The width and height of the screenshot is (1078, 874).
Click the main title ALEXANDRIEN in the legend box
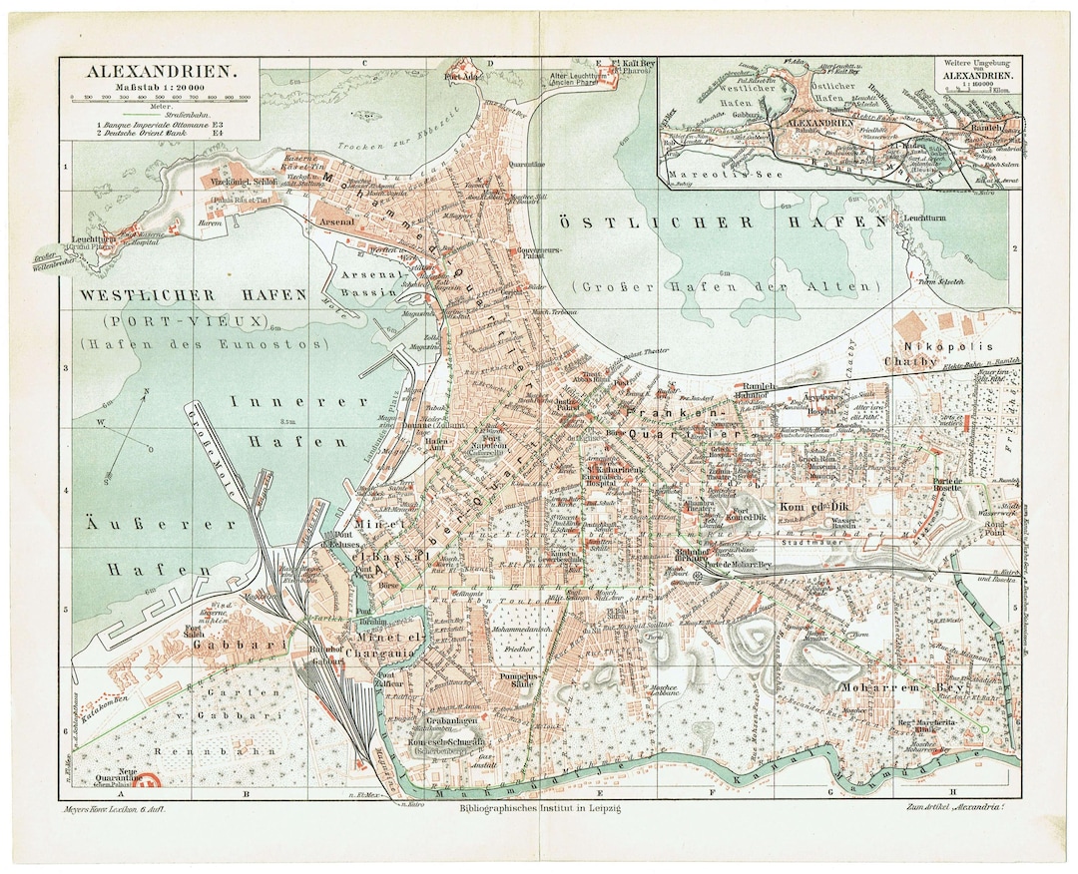(161, 72)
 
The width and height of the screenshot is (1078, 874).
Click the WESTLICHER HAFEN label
(193, 295)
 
